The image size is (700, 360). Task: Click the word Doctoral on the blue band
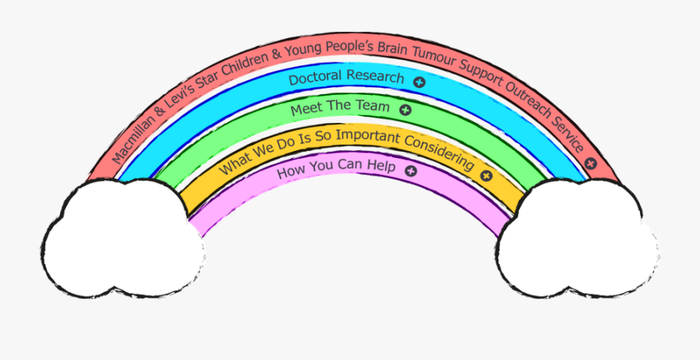click(x=313, y=79)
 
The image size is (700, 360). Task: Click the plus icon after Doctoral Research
click(x=419, y=81)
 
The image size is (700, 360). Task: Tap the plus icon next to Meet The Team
click(x=404, y=110)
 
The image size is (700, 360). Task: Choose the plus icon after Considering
click(x=486, y=175)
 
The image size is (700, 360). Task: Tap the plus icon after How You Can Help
click(x=411, y=170)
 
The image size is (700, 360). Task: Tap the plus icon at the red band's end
click(x=591, y=163)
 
